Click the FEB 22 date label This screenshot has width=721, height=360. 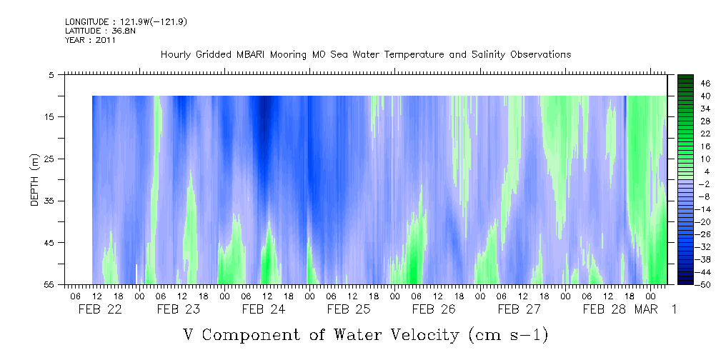tap(100, 309)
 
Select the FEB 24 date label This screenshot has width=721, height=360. tap(264, 309)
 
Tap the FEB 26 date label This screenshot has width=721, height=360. tap(434, 309)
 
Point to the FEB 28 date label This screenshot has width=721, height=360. tap(605, 309)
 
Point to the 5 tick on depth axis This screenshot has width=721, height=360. tap(51, 74)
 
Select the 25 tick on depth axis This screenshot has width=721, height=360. tap(49, 159)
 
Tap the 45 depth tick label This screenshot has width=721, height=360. tap(49, 243)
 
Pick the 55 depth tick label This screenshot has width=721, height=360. tap(49, 284)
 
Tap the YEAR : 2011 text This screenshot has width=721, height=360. tap(90, 40)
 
